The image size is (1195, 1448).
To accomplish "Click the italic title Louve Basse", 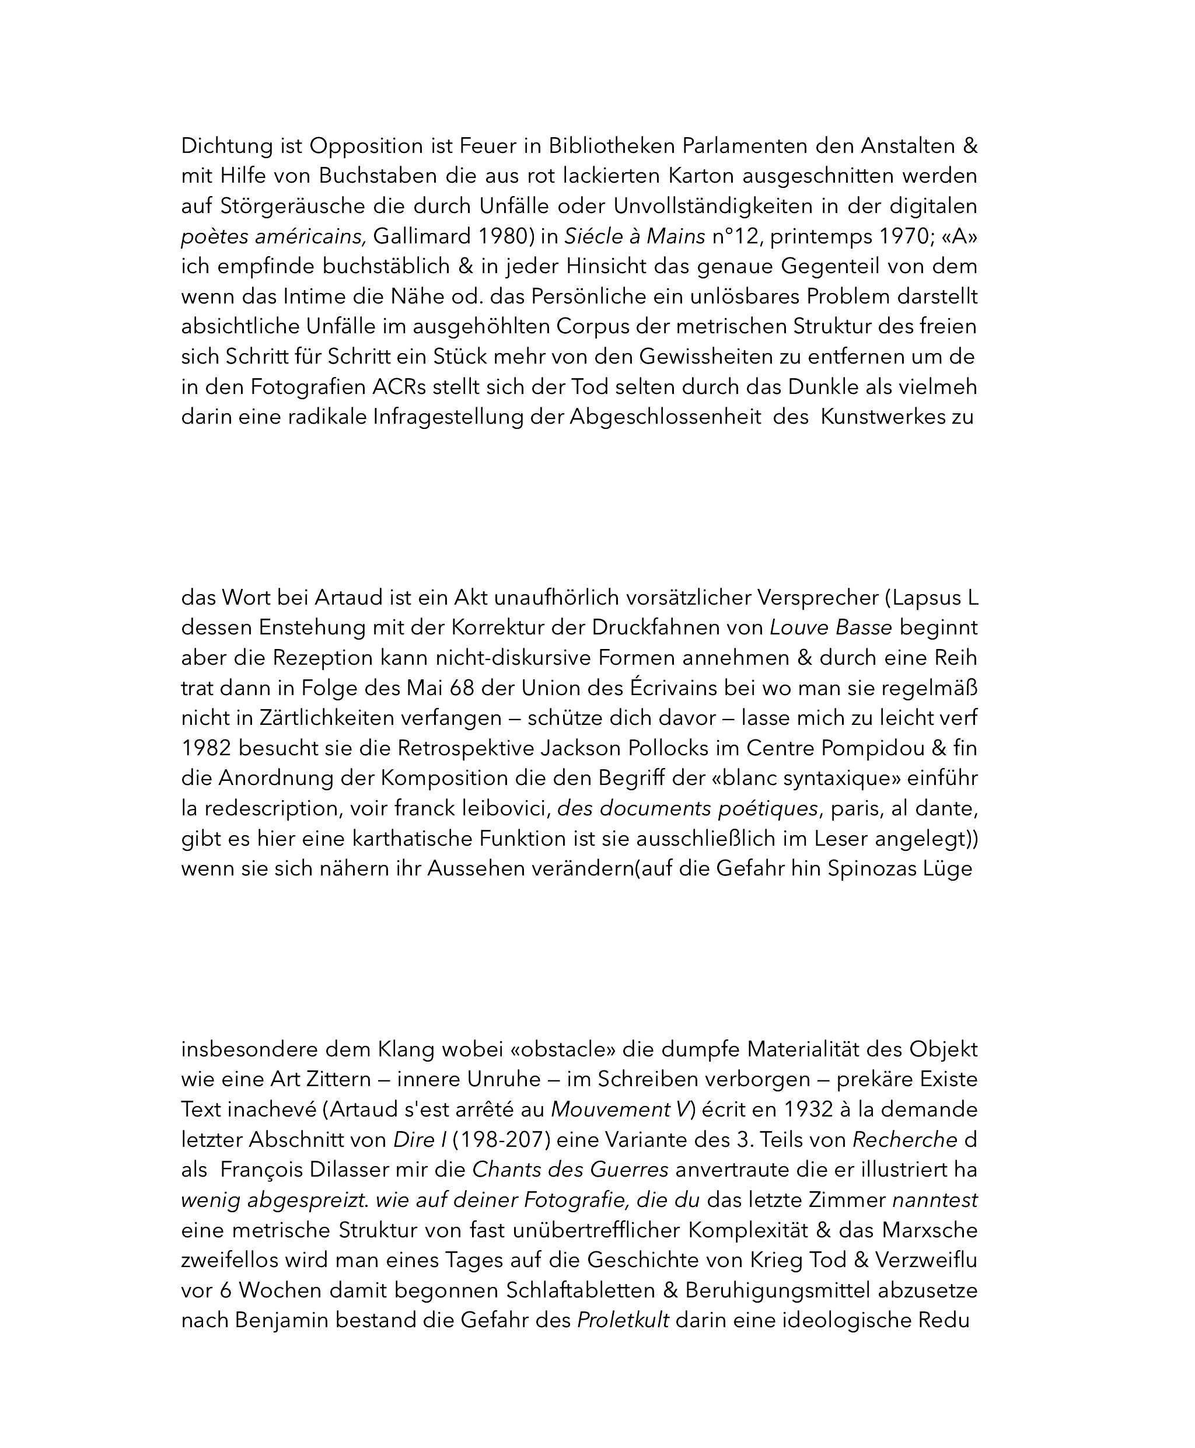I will (x=831, y=628).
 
